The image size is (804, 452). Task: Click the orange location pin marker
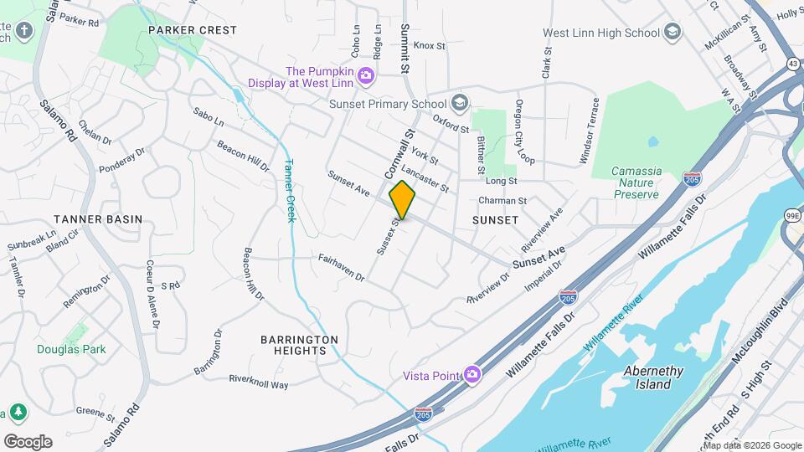pos(402,200)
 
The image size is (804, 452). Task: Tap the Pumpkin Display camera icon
pos(365,77)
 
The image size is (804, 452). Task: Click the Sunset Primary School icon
pos(458,104)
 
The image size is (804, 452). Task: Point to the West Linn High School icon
pos(672,33)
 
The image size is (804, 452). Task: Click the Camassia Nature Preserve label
pos(636,182)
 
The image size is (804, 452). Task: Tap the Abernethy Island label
pos(653,378)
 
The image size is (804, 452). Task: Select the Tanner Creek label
pos(290,190)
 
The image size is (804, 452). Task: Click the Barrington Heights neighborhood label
pos(299,345)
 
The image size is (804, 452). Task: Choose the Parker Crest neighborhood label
pos(193,29)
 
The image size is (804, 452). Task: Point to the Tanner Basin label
pos(99,219)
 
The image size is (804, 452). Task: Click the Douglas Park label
pos(71,348)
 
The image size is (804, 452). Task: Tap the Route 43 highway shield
pos(791,64)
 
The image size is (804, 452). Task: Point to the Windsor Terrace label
pos(589,131)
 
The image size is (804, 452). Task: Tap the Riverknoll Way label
pos(259,382)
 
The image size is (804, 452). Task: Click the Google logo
pos(28,441)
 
